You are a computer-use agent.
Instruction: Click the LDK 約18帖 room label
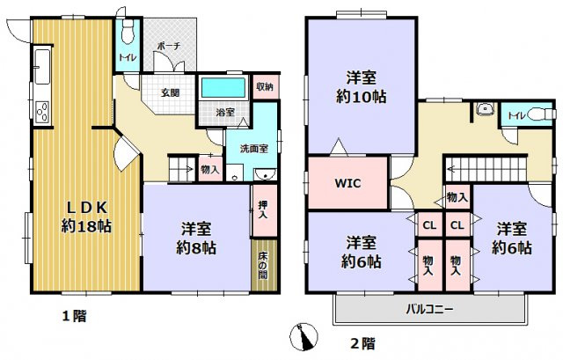[84, 217]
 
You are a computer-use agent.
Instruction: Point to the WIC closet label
[347, 184]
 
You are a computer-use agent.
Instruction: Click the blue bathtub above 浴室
[223, 89]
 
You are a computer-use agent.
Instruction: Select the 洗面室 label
[252, 148]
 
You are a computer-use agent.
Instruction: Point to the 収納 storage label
[265, 86]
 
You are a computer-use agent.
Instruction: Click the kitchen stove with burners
[42, 112]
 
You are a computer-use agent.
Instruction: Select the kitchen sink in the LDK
[42, 65]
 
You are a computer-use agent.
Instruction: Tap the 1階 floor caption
[74, 314]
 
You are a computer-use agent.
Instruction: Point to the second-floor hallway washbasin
[483, 110]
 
